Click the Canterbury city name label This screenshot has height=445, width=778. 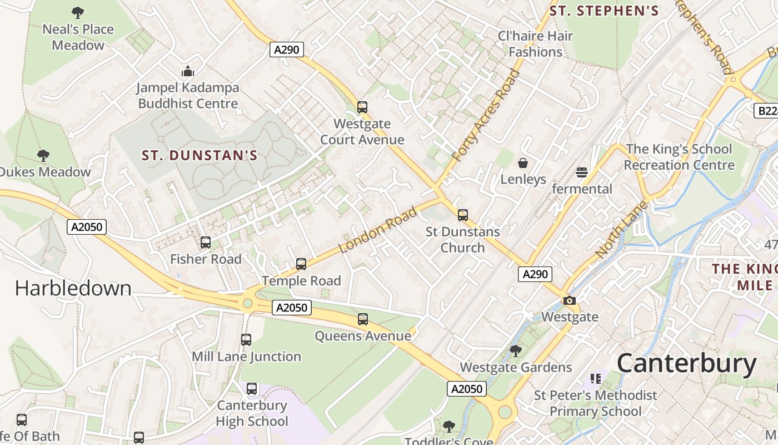pyautogui.click(x=686, y=364)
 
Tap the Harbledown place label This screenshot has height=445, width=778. pyautogui.click(x=73, y=288)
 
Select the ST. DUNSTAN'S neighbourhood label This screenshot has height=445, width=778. pyautogui.click(x=200, y=155)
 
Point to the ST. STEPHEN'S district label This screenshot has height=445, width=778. pyautogui.click(x=604, y=11)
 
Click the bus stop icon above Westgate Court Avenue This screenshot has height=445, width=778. pyautogui.click(x=362, y=107)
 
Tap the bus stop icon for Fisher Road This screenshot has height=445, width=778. pyautogui.click(x=206, y=243)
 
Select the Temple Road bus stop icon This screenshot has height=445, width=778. pyautogui.click(x=301, y=264)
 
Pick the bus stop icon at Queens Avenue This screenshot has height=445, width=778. pyautogui.click(x=363, y=319)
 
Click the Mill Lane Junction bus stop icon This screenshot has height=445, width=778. pyautogui.click(x=246, y=340)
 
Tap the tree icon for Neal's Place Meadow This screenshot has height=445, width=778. pyautogui.click(x=78, y=12)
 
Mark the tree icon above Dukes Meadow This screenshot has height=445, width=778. pyautogui.click(x=43, y=155)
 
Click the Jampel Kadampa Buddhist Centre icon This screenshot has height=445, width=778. pyautogui.click(x=188, y=71)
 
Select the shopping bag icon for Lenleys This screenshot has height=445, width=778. pyautogui.click(x=523, y=163)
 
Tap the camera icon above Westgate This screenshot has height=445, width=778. pyautogui.click(x=570, y=301)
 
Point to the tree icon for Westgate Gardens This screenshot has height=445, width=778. pyautogui.click(x=516, y=351)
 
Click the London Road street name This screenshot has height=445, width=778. pyautogui.click(x=378, y=230)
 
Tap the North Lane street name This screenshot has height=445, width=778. pyautogui.click(x=621, y=229)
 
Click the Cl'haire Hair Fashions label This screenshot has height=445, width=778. pyautogui.click(x=535, y=44)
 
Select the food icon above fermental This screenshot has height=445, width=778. pyautogui.click(x=582, y=172)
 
